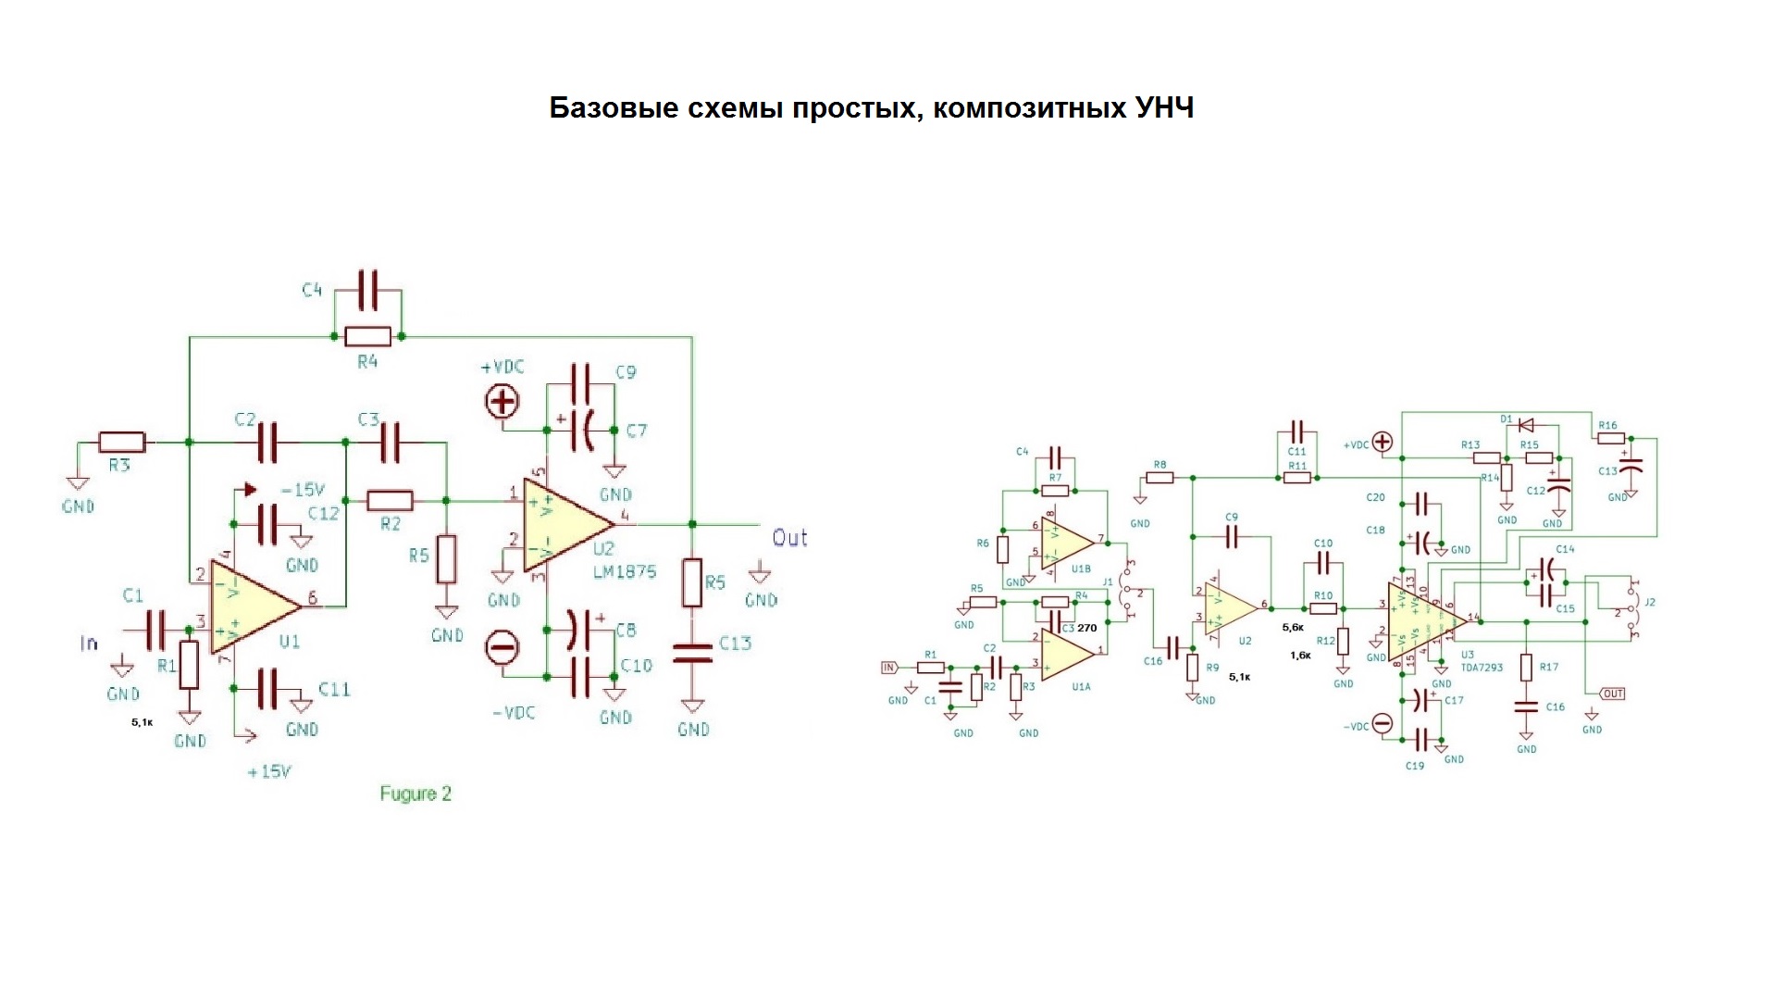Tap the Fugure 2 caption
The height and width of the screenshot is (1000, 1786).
tap(415, 794)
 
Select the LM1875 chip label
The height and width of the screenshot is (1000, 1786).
tap(625, 571)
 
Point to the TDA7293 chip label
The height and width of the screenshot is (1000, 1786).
tap(1482, 667)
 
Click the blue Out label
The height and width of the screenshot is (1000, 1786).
tap(790, 538)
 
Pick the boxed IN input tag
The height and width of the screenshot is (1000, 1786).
tap(889, 667)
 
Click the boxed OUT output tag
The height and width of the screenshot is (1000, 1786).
tap(1612, 694)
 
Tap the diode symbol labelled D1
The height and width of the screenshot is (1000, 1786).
tap(1526, 425)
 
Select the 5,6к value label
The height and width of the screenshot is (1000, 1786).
tap(1293, 627)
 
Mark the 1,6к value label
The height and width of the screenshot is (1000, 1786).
tap(1300, 655)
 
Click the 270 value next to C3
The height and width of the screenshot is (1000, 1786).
tap(1087, 628)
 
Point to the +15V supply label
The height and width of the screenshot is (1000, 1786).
tap(269, 771)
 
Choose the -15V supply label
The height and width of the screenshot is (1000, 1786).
tap(303, 489)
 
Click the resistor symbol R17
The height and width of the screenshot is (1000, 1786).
tap(1526, 668)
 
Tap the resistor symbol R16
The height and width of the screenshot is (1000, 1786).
tap(1610, 438)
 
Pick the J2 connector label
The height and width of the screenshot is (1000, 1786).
tap(1649, 603)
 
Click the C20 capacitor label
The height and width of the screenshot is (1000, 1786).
tap(1376, 498)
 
